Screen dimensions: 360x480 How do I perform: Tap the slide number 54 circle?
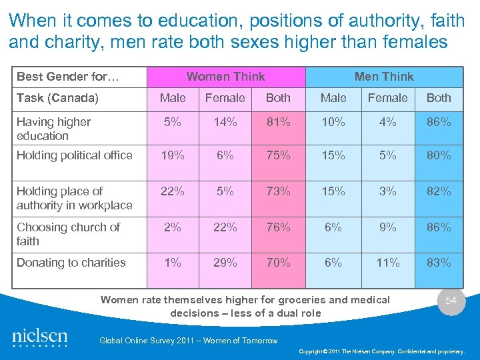coord(451,301)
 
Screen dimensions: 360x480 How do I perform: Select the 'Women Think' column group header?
coord(225,77)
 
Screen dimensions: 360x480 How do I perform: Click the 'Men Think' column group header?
coord(384,77)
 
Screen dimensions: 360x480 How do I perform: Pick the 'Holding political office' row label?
coord(75,155)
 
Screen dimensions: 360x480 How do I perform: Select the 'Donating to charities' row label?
coord(71,263)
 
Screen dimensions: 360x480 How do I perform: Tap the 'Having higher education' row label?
coord(53,129)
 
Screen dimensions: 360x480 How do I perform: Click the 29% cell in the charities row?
coord(225,263)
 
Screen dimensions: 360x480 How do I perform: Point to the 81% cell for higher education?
coord(278,122)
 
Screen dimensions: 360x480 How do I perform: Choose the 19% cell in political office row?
coord(173,155)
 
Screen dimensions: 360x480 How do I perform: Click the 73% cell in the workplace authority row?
coord(278,191)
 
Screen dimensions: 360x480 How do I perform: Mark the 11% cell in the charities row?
coord(388,263)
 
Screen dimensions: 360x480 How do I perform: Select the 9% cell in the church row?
coord(388,227)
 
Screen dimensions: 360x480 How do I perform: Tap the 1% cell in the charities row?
coord(173,263)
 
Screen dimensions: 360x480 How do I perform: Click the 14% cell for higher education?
coord(225,122)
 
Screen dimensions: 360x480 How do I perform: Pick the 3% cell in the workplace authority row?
coord(388,191)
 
